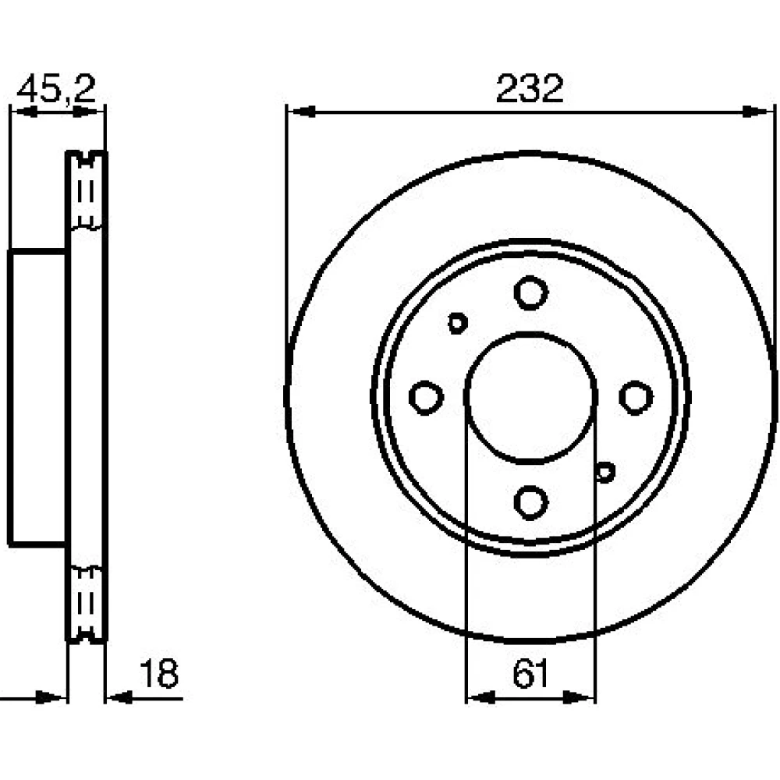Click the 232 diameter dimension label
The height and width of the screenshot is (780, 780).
click(x=530, y=89)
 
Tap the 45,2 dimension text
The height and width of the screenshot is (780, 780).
click(x=55, y=89)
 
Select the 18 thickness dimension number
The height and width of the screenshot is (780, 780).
click(x=158, y=674)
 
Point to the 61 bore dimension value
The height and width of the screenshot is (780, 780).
click(x=530, y=674)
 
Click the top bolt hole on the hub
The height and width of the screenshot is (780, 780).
click(x=530, y=292)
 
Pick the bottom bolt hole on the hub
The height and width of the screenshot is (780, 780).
click(x=530, y=502)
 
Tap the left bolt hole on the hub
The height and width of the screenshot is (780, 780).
click(x=426, y=398)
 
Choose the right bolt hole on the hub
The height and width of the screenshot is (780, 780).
click(x=636, y=398)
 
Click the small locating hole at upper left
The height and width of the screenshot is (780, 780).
click(x=457, y=324)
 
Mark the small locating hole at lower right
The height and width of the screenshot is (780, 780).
click(x=605, y=472)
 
